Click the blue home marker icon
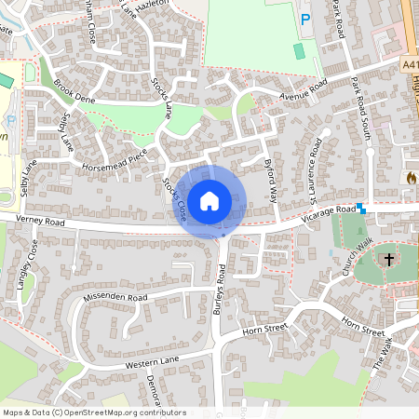pos(210,199)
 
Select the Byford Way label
pos(271,180)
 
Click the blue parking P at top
pos(304,19)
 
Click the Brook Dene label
pos(75,91)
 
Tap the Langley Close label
pos(27,264)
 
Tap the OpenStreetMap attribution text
pos(82,412)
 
